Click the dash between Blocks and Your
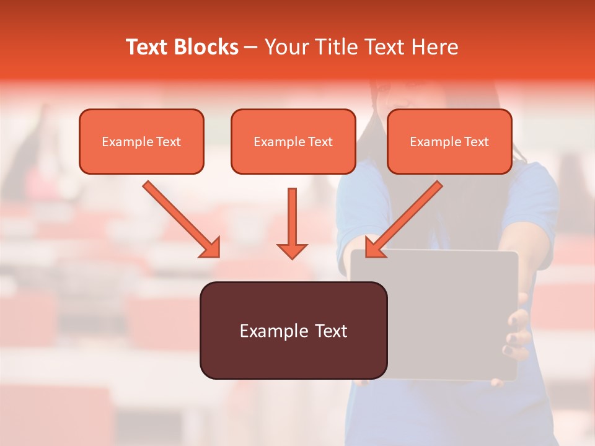tap(251, 48)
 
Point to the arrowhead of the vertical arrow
tap(292, 251)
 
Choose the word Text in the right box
tap(476, 142)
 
